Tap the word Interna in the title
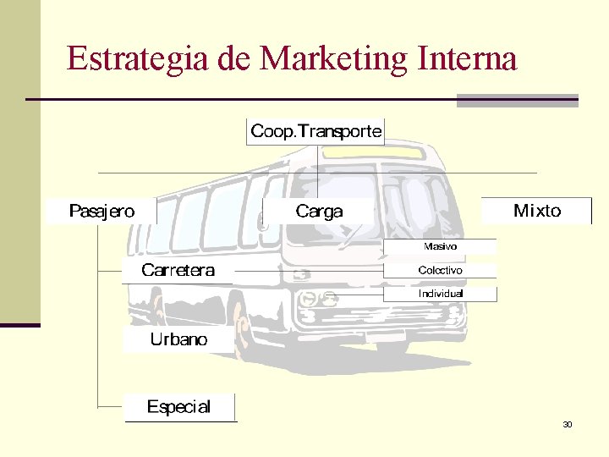468,59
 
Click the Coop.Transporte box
315,131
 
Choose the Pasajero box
101,211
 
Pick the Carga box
319,212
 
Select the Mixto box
536,211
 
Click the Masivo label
440,246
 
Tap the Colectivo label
440,270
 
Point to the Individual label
441,294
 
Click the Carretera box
178,271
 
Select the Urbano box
178,340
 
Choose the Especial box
178,407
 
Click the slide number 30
567,424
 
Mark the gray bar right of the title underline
517,101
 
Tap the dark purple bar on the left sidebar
19,325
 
